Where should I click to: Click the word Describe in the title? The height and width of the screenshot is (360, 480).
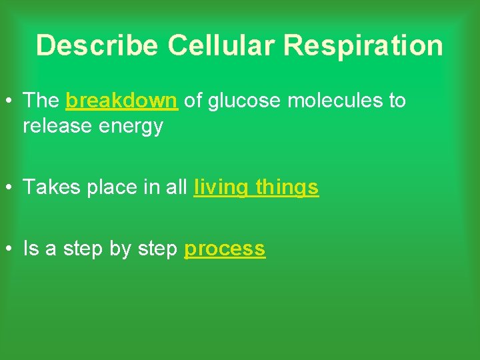[97, 46]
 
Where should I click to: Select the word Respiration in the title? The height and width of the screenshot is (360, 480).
[363, 46]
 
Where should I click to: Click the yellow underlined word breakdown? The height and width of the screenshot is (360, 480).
[121, 101]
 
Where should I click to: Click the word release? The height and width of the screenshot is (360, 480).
[55, 126]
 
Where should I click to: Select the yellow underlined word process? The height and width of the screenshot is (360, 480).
[225, 249]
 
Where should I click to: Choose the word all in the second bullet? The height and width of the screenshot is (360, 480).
[177, 188]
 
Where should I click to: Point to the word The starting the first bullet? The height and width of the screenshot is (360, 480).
[41, 101]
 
